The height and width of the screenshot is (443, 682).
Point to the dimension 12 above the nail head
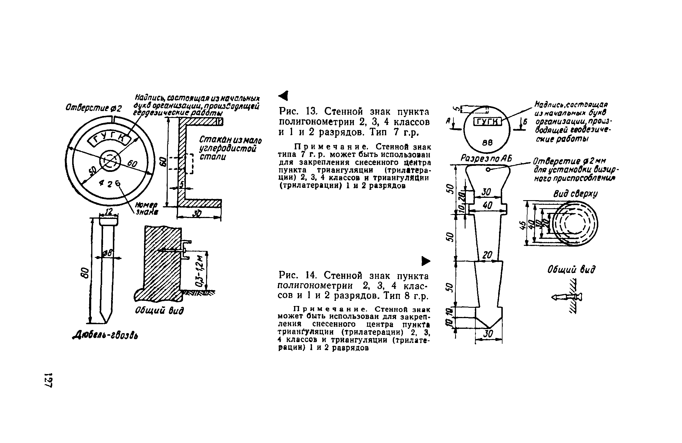point(109,212)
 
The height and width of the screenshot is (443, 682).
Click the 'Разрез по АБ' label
point(485,158)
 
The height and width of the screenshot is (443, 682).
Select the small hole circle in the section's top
point(488,170)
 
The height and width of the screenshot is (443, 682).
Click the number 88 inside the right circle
point(487,142)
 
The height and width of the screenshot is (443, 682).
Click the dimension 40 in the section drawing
point(487,206)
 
